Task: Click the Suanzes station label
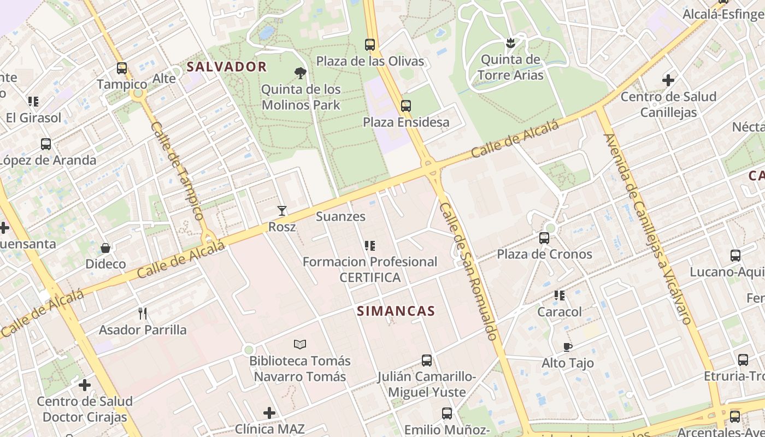(x=340, y=216)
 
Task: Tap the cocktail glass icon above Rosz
(x=282, y=210)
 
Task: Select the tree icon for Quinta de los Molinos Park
(x=300, y=73)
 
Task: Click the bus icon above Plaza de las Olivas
(x=370, y=45)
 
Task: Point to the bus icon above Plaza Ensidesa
(x=405, y=106)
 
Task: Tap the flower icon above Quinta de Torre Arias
(x=510, y=43)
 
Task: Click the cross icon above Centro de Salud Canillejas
(x=668, y=80)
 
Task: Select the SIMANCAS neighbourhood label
(x=396, y=311)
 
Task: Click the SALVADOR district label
(x=226, y=67)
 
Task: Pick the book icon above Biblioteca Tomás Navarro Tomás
(x=299, y=344)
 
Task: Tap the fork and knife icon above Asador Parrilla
(x=143, y=313)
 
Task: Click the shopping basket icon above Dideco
(x=105, y=248)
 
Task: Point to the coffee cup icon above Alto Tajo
(x=567, y=347)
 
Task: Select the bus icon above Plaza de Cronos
(x=544, y=238)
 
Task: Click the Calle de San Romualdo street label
(x=468, y=271)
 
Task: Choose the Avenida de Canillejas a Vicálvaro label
(x=648, y=229)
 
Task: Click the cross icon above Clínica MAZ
(x=269, y=413)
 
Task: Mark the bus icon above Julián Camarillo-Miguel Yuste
(x=426, y=361)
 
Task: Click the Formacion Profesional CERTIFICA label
(x=370, y=269)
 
